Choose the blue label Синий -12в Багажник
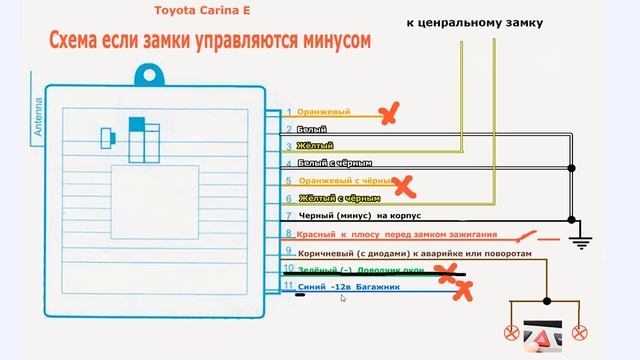pyautogui.click(x=349, y=287)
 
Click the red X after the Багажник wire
pyautogui.click(x=465, y=291)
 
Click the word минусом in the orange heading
pyautogui.click(x=322, y=41)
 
